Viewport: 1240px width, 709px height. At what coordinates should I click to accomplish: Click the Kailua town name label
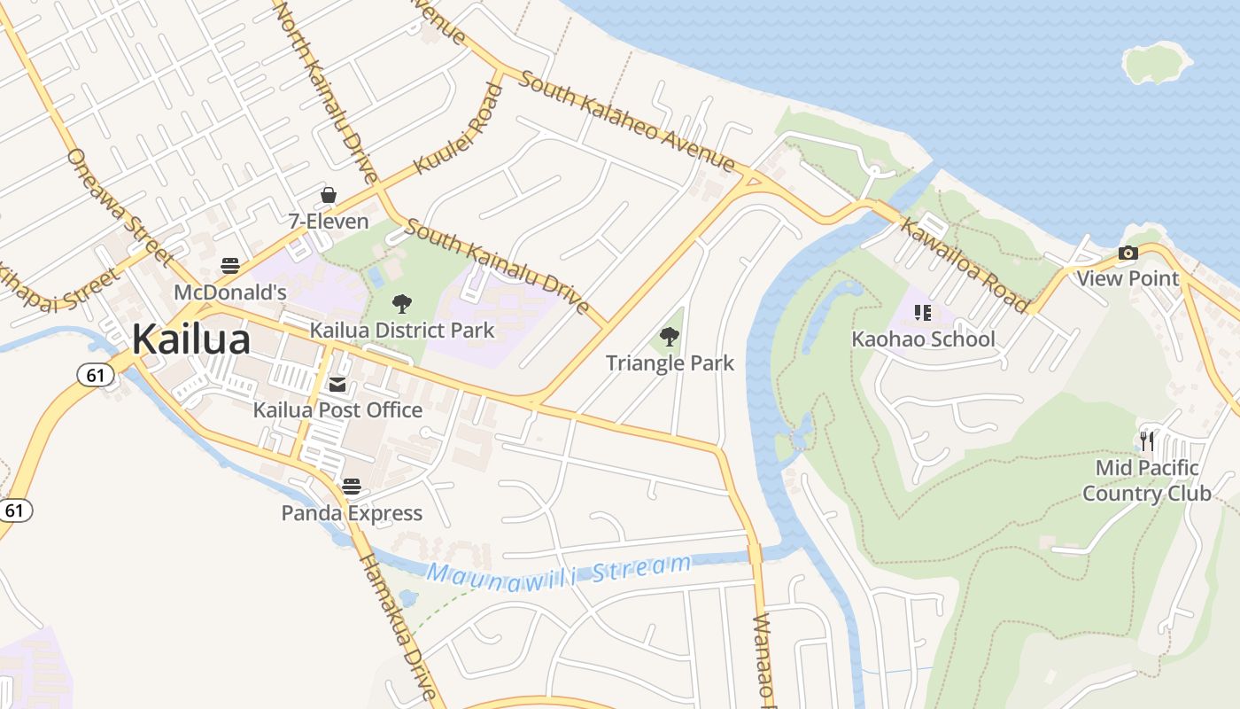click(x=191, y=339)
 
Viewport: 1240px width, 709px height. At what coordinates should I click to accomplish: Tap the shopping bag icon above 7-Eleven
click(x=329, y=195)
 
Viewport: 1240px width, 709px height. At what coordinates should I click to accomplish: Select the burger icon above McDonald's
click(x=230, y=265)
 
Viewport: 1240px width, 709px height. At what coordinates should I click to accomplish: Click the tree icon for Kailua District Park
click(x=402, y=304)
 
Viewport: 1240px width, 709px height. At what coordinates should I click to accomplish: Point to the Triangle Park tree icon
click(x=670, y=336)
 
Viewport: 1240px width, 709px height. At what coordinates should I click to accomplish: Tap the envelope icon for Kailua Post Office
click(x=337, y=384)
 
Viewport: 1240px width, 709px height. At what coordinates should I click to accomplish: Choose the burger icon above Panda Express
click(x=352, y=486)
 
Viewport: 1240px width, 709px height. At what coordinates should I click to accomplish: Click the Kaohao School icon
click(x=923, y=312)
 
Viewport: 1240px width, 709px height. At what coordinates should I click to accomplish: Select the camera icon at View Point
click(x=1128, y=253)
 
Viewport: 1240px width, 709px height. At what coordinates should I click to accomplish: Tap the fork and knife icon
click(x=1147, y=440)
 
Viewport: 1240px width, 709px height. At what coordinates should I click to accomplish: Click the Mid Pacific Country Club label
click(x=1147, y=480)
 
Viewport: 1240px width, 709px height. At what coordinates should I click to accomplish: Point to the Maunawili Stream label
click(x=558, y=571)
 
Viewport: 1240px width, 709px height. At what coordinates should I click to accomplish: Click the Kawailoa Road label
click(x=965, y=264)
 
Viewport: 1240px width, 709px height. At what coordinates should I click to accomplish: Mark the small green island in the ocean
click(x=1157, y=62)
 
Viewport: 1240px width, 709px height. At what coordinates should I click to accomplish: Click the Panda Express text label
click(x=352, y=513)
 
